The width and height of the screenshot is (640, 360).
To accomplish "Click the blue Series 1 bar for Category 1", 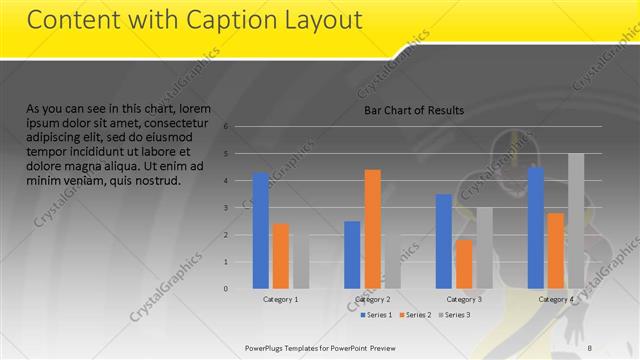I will click(260, 230).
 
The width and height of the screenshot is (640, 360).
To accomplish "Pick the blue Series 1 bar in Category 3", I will click(443, 241).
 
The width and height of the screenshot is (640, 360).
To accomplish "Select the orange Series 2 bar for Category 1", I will click(280, 255).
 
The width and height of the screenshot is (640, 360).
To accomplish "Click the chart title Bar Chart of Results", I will click(413, 111).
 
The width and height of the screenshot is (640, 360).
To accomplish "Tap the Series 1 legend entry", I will click(376, 315).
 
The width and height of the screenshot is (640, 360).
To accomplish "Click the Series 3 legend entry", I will click(454, 315).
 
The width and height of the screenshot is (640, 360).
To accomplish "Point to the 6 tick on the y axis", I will click(227, 127).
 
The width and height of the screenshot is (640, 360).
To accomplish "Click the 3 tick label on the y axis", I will click(227, 208).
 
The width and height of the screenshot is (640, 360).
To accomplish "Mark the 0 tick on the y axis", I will click(227, 289).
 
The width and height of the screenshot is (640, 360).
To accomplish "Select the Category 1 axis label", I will click(281, 299).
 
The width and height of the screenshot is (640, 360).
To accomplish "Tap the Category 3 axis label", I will click(464, 299).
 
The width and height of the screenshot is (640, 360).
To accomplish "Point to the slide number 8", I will click(590, 347).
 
